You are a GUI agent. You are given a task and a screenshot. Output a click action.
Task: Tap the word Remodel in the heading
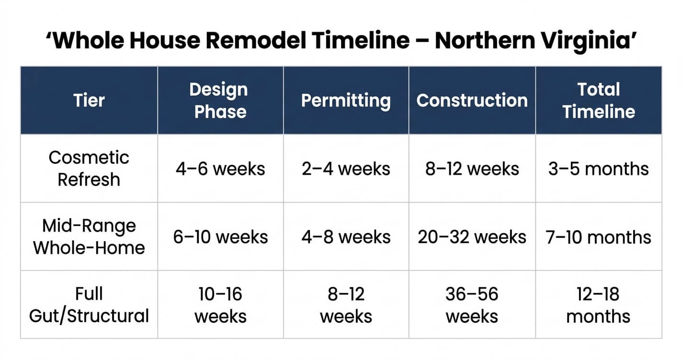pyautogui.click(x=255, y=41)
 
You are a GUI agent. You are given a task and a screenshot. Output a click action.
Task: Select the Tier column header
pyautogui.click(x=89, y=101)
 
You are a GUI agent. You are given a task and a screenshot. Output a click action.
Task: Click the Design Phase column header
pyautogui.click(x=220, y=101)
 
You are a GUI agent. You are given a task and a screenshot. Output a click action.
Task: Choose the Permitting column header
pyautogui.click(x=346, y=101)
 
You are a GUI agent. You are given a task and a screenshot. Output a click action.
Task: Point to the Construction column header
pyautogui.click(x=472, y=101)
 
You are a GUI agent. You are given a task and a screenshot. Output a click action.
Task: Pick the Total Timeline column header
pyautogui.click(x=599, y=101)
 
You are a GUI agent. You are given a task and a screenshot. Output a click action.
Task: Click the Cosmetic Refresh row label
pyautogui.click(x=89, y=169)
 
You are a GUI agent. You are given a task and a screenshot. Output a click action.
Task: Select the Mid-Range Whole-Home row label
pyautogui.click(x=89, y=237)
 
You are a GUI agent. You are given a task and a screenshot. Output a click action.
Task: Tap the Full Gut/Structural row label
pyautogui.click(x=89, y=305)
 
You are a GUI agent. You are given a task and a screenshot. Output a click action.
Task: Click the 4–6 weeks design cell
pyautogui.click(x=220, y=169)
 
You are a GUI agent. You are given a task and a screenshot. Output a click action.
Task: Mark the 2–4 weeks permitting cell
pyautogui.click(x=346, y=169)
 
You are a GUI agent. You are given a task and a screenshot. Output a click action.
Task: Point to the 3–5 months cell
pyautogui.click(x=599, y=169)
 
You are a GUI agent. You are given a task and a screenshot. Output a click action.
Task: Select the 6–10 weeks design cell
pyautogui.click(x=220, y=237)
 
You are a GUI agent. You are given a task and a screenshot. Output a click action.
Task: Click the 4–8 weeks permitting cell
pyautogui.click(x=346, y=237)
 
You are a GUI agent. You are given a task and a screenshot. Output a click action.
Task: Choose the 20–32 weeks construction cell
pyautogui.click(x=472, y=237)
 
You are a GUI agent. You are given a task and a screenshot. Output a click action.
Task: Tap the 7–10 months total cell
pyautogui.click(x=599, y=237)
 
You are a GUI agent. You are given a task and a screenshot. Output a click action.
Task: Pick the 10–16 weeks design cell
pyautogui.click(x=220, y=305)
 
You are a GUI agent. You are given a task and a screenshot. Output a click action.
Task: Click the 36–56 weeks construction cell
pyautogui.click(x=472, y=305)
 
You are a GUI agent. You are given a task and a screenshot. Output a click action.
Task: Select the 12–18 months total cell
pyautogui.click(x=599, y=305)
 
